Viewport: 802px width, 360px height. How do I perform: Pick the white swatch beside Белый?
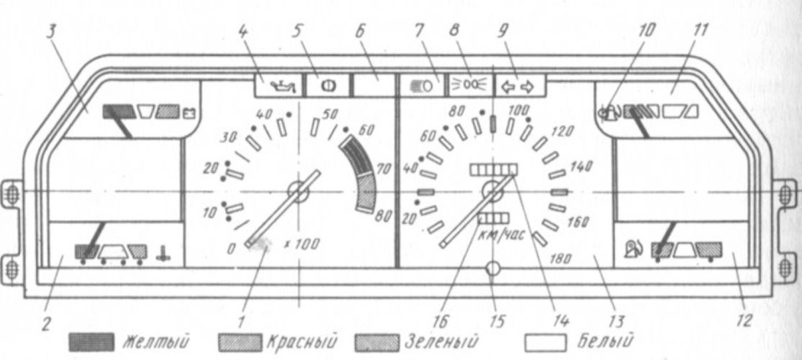pos(546,342)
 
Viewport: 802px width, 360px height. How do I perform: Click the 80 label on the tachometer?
pos(383,217)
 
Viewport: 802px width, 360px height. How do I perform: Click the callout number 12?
pos(744,321)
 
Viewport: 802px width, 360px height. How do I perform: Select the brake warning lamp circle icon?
pos(327,86)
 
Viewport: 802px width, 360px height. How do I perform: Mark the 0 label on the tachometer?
pos(231,249)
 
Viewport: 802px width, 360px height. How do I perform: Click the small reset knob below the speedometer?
pos(493,268)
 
